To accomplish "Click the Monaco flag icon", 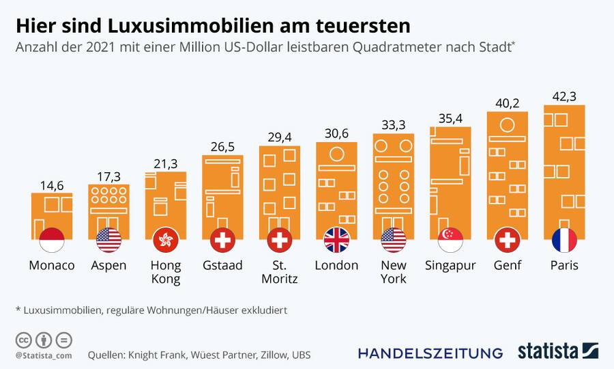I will (x=52, y=240).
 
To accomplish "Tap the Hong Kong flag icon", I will (x=166, y=240).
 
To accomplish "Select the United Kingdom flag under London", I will (x=336, y=240).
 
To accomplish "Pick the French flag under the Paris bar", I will (x=564, y=240).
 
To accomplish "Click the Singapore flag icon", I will (x=450, y=240).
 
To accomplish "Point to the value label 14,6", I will (x=52, y=184).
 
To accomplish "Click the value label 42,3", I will (x=564, y=96).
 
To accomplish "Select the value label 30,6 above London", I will (x=336, y=134).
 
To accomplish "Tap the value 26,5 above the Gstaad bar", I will (x=222, y=147).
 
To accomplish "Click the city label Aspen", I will (x=109, y=265).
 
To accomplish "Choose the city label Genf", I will (x=507, y=265).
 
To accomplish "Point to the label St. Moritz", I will (x=280, y=271).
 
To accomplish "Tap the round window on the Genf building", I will (x=507, y=125).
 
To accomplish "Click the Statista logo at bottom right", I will (x=557, y=351).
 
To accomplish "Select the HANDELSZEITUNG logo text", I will (x=430, y=353).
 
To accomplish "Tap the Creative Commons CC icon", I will (x=23, y=340).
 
